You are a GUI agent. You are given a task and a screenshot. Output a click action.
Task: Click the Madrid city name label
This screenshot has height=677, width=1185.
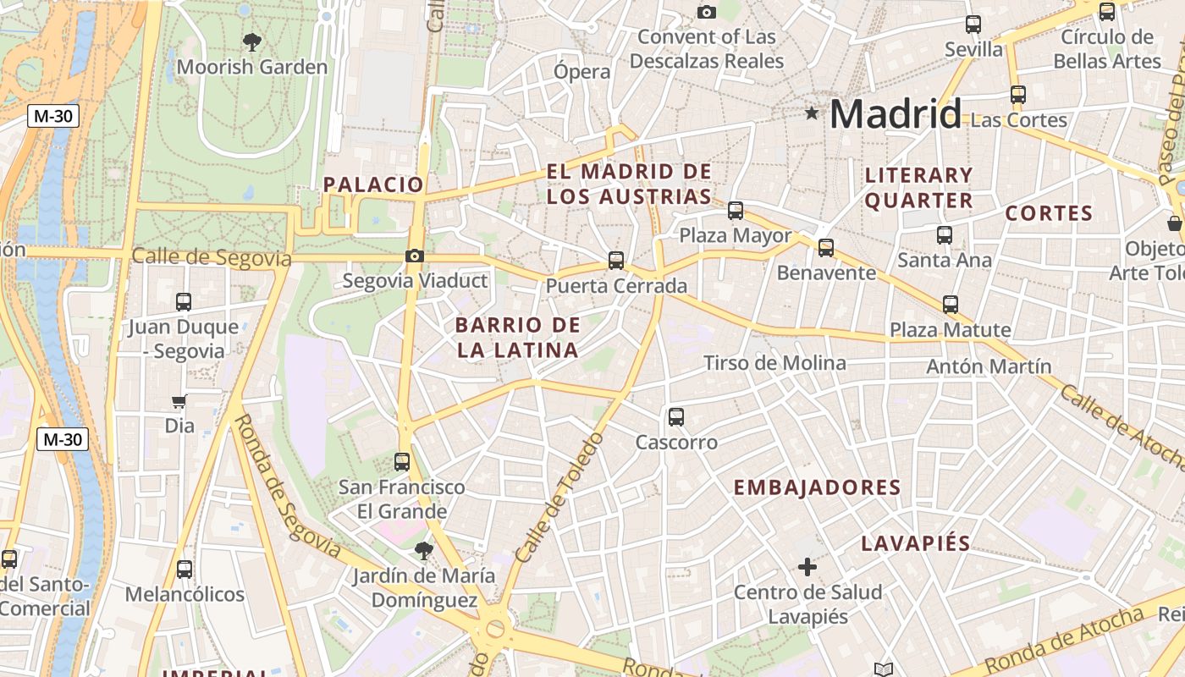[x=896, y=113]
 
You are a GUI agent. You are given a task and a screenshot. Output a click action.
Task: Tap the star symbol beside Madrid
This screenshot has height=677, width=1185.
[x=812, y=113]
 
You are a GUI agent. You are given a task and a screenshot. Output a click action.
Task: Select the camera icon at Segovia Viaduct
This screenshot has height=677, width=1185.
[x=414, y=256]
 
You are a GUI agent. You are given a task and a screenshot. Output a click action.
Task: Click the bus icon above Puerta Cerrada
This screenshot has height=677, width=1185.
[x=616, y=261]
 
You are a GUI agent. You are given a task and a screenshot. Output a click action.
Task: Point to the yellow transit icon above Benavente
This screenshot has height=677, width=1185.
[x=825, y=247]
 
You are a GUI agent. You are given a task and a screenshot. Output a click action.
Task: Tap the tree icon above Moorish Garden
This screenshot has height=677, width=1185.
[x=251, y=41]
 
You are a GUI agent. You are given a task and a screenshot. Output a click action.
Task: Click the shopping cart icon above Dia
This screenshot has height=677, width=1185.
[x=179, y=401]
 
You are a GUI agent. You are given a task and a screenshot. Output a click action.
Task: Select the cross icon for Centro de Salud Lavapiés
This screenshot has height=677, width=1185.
[x=807, y=566]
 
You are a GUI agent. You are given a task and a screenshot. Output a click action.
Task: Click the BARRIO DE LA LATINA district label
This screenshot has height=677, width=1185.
[x=517, y=338]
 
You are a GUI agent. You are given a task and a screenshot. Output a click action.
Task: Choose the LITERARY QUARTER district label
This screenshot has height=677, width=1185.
[x=918, y=188]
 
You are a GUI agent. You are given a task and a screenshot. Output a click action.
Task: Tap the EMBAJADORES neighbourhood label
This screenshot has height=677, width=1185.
[x=817, y=487]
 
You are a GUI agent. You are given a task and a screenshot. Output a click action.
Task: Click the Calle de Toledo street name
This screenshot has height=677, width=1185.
[x=559, y=499]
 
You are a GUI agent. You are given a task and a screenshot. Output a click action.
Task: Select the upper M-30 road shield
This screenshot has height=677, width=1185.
[x=52, y=116]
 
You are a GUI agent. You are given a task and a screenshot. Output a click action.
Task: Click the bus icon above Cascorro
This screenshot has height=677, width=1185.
[x=675, y=416]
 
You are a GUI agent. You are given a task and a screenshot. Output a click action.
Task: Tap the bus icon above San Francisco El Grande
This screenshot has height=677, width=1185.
[x=402, y=462]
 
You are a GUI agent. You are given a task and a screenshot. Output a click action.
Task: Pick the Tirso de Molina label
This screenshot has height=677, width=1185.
[x=774, y=363]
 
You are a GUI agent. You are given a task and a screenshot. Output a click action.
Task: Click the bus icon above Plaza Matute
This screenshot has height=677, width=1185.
[x=951, y=305]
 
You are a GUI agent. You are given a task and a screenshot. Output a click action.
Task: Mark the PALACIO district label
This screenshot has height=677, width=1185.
[x=373, y=184]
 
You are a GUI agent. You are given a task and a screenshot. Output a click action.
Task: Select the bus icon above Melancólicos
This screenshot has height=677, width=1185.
[x=184, y=570]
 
